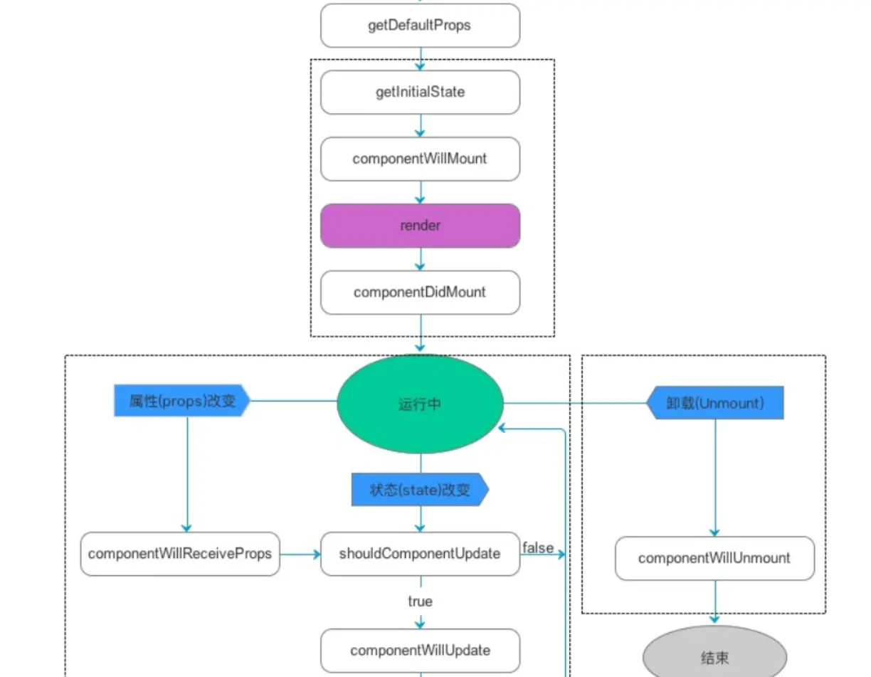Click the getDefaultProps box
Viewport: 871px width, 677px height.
[x=420, y=26]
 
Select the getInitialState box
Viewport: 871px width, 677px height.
[x=420, y=93]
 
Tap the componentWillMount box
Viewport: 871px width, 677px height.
[x=420, y=159]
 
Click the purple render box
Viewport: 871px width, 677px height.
[x=420, y=226]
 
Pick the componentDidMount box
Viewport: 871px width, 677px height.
[x=420, y=292]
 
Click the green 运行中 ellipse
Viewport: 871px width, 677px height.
[x=420, y=404]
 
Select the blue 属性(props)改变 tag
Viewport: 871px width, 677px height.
[x=182, y=401]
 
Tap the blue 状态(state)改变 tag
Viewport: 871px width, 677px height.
[x=420, y=490]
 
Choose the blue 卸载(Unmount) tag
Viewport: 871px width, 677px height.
[x=714, y=403]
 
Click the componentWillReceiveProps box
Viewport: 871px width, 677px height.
[x=180, y=554]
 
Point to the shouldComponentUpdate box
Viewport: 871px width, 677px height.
[x=420, y=554]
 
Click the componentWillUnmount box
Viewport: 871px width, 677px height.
[x=714, y=558]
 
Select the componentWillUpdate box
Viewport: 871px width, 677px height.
[x=420, y=651]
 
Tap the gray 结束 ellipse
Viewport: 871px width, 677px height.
[x=714, y=657]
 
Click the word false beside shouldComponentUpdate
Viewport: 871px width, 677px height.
[x=537, y=547]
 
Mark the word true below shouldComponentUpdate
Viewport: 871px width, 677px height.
[x=420, y=602]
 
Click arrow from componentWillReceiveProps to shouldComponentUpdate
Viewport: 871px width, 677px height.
[x=300, y=554]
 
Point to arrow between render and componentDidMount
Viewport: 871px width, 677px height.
[x=420, y=259]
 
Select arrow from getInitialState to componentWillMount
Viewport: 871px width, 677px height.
[x=420, y=126]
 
